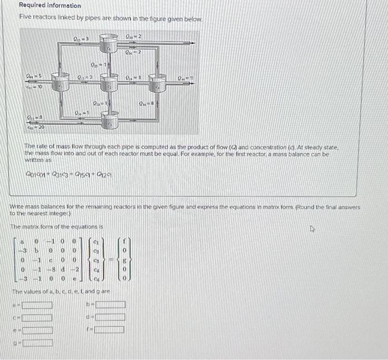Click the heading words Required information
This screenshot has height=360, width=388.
point(50,6)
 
